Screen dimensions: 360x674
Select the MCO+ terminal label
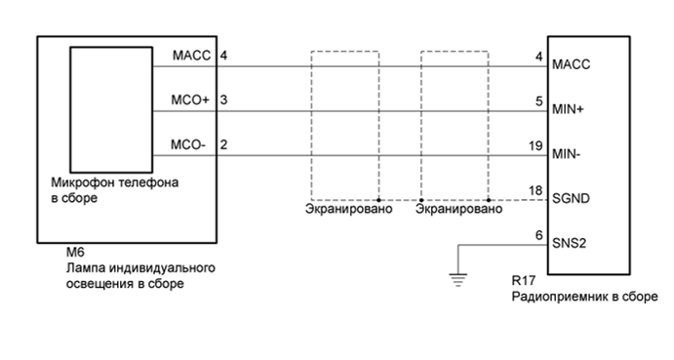(189, 100)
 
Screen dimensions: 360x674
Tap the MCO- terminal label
(189, 144)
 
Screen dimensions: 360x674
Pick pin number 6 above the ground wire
(538, 233)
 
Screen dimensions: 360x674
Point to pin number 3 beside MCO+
(224, 100)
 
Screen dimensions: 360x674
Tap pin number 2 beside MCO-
(224, 144)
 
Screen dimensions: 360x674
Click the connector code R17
(523, 280)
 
